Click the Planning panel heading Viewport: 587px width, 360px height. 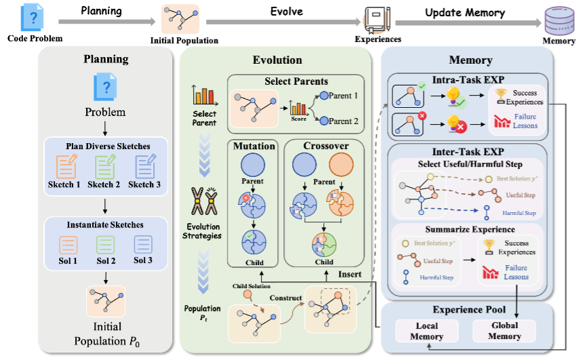106,60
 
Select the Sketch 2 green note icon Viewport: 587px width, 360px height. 106,167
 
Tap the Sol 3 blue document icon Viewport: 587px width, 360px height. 143,244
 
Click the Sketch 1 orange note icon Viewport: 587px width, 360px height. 66,167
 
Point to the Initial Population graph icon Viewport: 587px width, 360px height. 105,301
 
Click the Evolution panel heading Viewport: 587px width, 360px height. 277,60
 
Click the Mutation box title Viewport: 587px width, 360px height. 254,146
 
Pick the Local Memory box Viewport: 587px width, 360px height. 427,332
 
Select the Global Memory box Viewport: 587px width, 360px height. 504,332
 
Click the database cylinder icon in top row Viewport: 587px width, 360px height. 559,22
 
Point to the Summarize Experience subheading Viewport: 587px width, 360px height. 466,229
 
